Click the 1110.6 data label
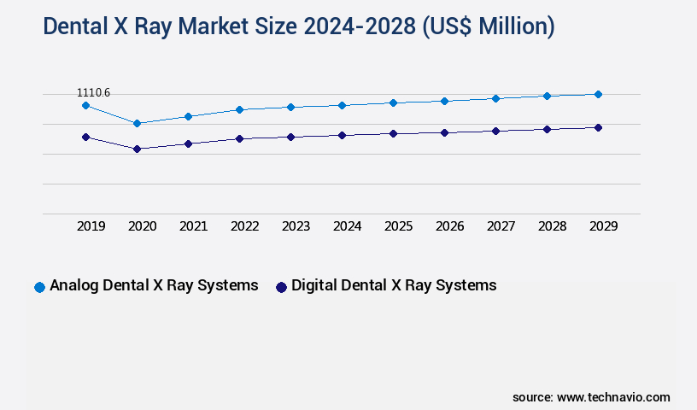tap(93, 92)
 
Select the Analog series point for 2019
tap(85, 105)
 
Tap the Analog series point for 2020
tap(137, 123)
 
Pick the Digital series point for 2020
tap(137, 149)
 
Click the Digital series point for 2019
tap(85, 137)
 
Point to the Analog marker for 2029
tap(598, 94)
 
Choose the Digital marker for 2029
tap(598, 127)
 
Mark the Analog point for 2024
tap(342, 105)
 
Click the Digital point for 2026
tap(444, 132)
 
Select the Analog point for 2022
tap(239, 109)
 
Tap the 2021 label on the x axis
tap(193, 226)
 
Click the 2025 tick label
tap(398, 226)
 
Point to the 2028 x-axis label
tap(552, 226)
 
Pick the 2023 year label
tap(296, 226)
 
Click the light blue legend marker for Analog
tap(39, 287)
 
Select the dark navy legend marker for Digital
tap(280, 287)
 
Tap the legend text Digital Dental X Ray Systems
tap(394, 285)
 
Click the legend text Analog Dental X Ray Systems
tap(154, 285)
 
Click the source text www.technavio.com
tap(613, 397)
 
